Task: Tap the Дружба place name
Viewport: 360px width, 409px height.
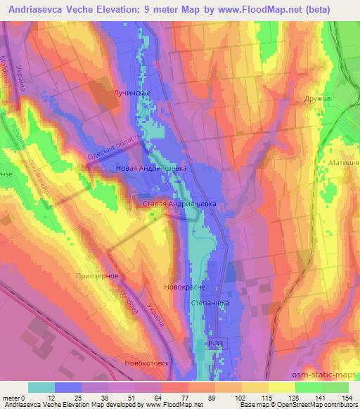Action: (317, 99)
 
